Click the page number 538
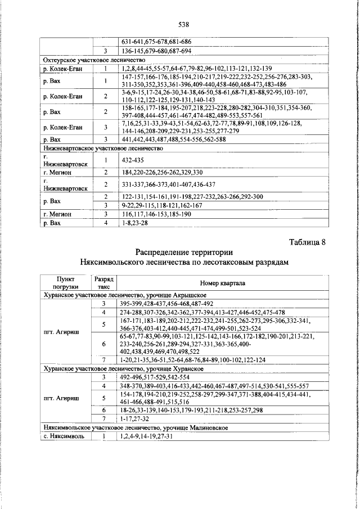click(x=183, y=25)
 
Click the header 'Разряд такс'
click(x=104, y=282)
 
